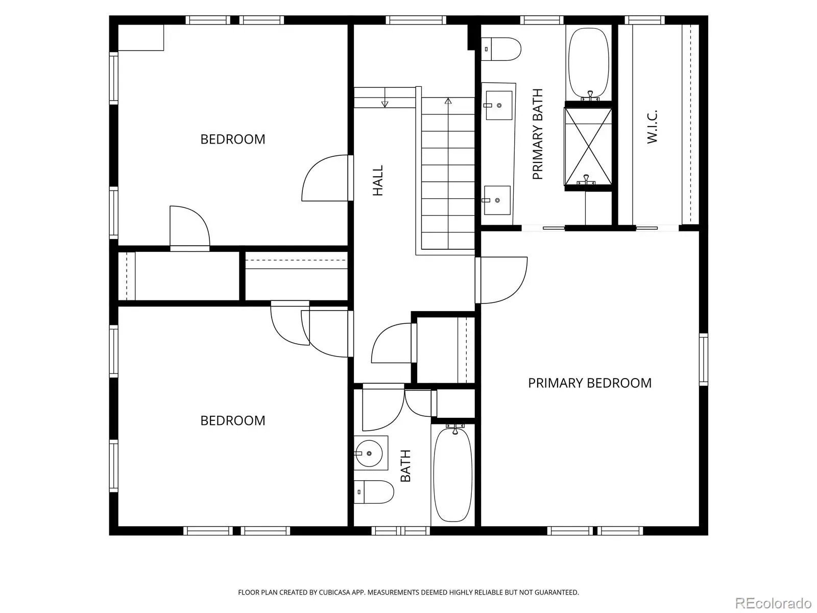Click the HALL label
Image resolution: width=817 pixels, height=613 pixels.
[x=378, y=180]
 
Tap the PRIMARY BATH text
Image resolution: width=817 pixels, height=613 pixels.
[x=538, y=134]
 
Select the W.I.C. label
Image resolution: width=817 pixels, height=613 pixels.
[x=652, y=127]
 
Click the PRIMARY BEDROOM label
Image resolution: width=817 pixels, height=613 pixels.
[x=590, y=383]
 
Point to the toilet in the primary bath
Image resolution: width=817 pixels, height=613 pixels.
[x=500, y=49]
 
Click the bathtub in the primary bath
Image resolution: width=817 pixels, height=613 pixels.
[x=589, y=63]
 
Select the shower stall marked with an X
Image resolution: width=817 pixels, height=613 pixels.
[x=588, y=146]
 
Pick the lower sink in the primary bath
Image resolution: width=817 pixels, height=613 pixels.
[x=497, y=200]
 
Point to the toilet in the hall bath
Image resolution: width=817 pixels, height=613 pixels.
[x=373, y=491]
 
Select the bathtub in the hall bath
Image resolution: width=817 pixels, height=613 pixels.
[x=453, y=475]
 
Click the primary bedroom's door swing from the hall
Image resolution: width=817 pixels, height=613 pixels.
[x=502, y=280]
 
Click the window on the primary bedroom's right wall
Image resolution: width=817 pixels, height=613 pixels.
[x=703, y=359]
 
